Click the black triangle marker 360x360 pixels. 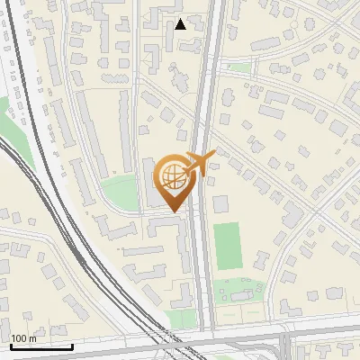point(181,24)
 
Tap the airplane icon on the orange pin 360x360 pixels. point(200,163)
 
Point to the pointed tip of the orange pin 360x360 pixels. point(175,212)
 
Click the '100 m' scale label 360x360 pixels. point(23,338)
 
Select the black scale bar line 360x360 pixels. point(41,346)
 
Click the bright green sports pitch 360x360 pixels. point(229,246)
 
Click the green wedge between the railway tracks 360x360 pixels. point(13,144)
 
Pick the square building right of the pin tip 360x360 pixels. point(220,203)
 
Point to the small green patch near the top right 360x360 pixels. point(238,67)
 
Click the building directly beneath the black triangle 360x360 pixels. point(182,42)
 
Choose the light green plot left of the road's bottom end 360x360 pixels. point(183,319)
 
